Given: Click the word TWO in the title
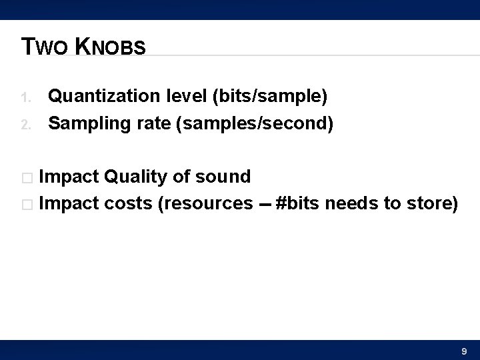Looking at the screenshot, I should tap(44, 47).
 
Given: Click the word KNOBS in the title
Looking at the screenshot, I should tap(110, 47).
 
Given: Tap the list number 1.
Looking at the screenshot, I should tap(26, 99).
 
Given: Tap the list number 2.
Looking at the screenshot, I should tap(26, 125).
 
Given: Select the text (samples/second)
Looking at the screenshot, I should tap(254, 124).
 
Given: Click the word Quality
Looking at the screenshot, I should tap(137, 177).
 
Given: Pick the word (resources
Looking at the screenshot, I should tap(205, 203).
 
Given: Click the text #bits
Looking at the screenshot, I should tap(299, 203).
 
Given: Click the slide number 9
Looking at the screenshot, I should tap(464, 351).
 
